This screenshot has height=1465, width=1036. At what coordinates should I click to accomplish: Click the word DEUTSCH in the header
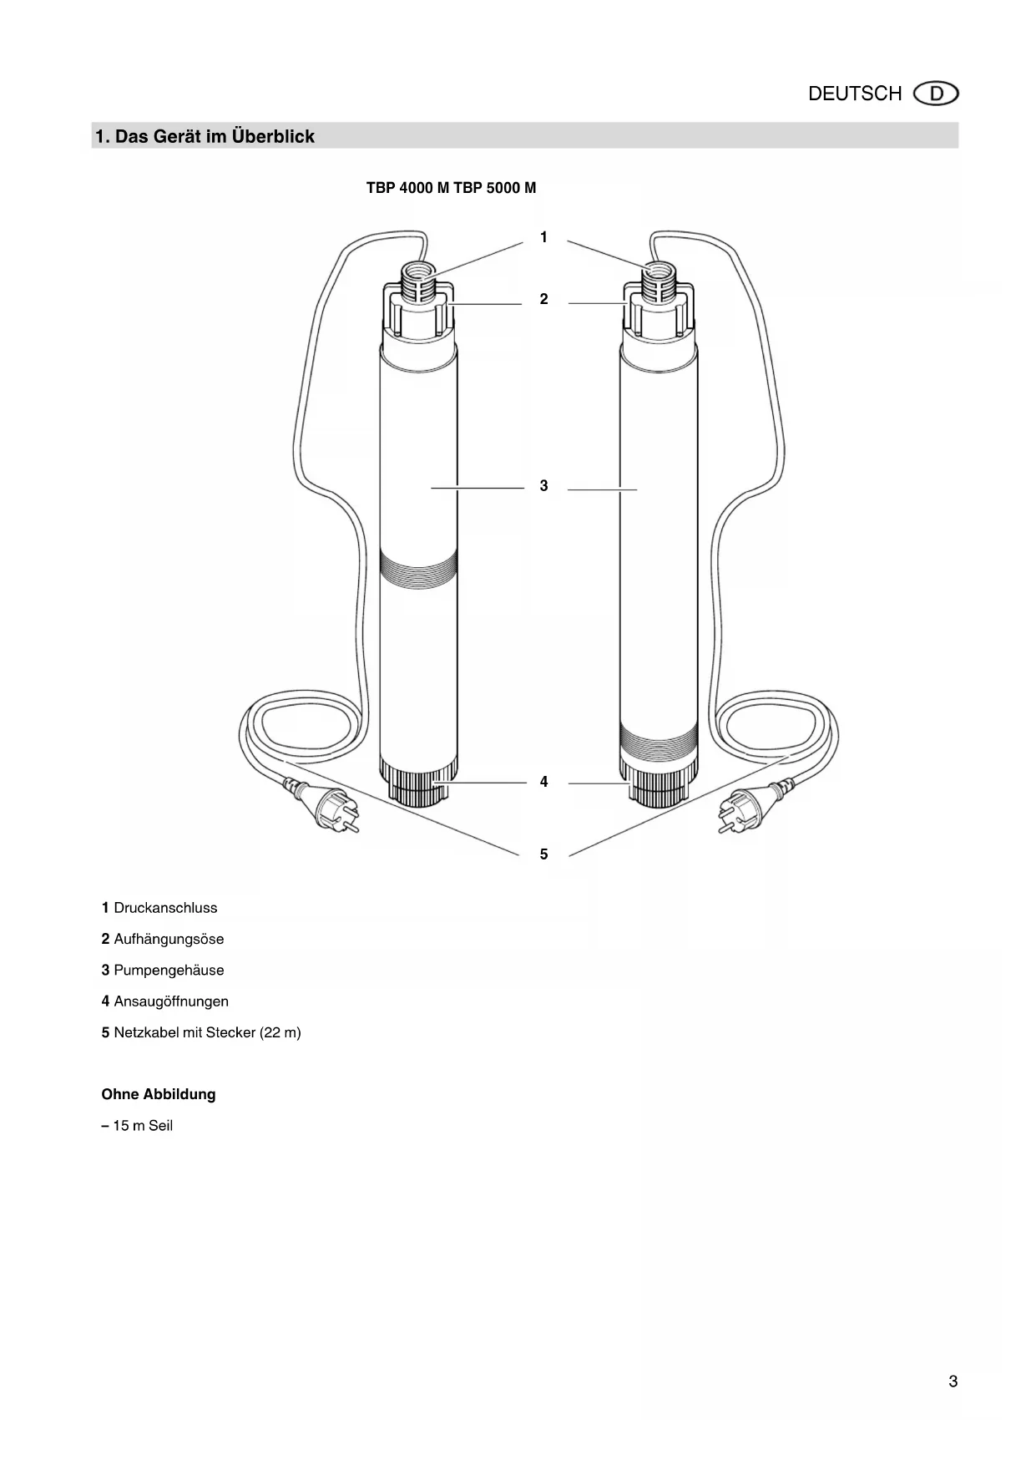click(854, 94)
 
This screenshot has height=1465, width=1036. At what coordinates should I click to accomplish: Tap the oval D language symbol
click(937, 94)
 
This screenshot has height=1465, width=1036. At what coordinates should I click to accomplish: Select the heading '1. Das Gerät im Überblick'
click(205, 136)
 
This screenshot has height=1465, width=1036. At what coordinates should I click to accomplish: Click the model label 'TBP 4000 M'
click(407, 188)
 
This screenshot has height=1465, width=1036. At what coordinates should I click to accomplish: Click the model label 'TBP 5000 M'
click(495, 188)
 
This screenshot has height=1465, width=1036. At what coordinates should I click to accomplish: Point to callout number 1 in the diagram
click(543, 238)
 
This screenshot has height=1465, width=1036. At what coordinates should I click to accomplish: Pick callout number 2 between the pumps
click(543, 299)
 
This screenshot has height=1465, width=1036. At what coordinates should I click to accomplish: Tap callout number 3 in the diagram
click(543, 486)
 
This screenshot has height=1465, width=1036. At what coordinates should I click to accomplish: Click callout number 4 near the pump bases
click(543, 783)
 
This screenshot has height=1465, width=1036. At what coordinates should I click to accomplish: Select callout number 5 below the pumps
click(543, 854)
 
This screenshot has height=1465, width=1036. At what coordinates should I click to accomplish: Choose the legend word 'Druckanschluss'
click(165, 908)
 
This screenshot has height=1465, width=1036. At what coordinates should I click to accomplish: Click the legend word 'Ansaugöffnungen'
click(171, 1001)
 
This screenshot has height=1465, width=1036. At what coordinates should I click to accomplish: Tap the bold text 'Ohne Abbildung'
click(159, 1094)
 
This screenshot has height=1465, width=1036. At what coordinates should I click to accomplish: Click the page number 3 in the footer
click(953, 1381)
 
